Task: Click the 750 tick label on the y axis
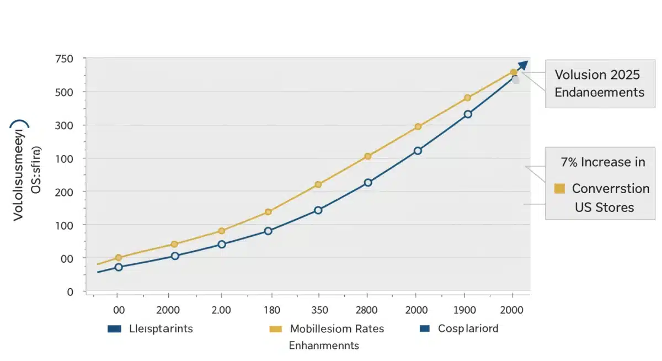[65, 59]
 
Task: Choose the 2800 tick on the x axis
[366, 311]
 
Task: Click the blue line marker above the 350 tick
[318, 210]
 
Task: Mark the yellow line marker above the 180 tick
[268, 212]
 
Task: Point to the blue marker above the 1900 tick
[468, 114]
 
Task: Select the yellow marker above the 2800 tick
[368, 156]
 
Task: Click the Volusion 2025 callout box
[599, 83]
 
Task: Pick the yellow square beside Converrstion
[559, 189]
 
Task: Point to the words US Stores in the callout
[604, 208]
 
